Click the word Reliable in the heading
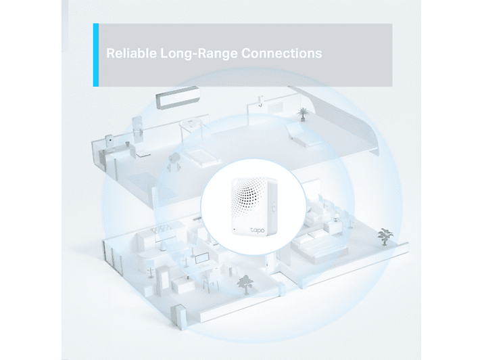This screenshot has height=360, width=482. pos(131,53)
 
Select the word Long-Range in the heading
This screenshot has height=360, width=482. pos(199,53)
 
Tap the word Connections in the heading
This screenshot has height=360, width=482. pos(282,53)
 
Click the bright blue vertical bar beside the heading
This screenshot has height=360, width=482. pos(96,55)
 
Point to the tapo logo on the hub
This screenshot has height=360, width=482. pos(258,230)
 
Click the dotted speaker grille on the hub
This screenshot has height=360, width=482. pos(251,196)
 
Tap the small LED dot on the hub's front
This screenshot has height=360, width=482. pos(234,229)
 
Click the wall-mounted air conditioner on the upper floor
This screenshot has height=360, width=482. pos(178,97)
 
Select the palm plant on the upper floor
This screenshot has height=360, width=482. pos(303,115)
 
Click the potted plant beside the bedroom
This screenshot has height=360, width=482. pos(385,236)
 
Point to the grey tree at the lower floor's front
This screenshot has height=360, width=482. pos(245,284)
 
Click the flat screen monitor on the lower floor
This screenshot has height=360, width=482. pos(202,258)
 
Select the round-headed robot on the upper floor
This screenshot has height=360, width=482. pos(174,163)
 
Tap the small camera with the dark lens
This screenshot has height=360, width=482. pos(109,140)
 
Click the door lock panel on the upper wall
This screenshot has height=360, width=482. pos(137,129)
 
